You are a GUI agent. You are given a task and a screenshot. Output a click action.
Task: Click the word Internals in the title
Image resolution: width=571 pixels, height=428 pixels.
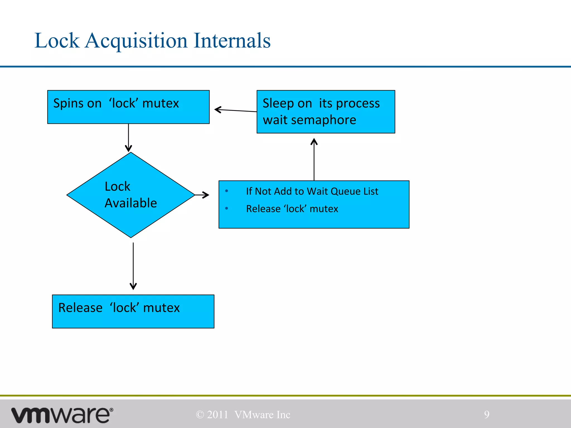tap(232, 40)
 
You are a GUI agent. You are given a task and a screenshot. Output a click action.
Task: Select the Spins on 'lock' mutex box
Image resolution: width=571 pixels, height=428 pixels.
tap(128, 107)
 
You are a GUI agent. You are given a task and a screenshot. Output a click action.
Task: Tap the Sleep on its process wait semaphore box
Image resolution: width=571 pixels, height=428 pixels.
tap(326, 112)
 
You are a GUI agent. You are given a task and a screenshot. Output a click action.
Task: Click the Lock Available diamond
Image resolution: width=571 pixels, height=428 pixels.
tap(131, 195)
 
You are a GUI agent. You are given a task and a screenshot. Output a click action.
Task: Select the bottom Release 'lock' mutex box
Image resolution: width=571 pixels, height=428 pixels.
tap(133, 311)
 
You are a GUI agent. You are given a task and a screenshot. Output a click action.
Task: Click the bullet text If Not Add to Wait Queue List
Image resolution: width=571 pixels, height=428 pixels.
tap(312, 191)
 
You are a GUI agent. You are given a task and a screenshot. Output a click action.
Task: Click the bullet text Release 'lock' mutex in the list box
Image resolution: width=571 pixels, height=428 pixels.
tap(292, 209)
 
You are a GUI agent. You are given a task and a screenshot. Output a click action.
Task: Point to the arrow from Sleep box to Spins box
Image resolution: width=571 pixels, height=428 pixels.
tap(236, 110)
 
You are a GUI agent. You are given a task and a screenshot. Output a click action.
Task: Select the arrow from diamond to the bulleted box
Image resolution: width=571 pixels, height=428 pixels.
tap(202, 195)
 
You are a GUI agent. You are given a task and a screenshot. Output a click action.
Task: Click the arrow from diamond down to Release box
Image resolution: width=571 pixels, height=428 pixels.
tap(133, 266)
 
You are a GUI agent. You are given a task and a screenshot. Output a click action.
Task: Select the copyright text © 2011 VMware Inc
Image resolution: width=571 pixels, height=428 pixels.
tap(243, 415)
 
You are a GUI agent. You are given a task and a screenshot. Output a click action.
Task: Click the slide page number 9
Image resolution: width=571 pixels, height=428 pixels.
tap(487, 414)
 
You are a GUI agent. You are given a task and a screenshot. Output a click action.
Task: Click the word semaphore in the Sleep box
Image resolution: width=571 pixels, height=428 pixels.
tap(323, 120)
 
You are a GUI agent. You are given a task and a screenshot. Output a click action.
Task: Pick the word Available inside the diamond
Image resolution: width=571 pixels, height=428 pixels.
tap(131, 203)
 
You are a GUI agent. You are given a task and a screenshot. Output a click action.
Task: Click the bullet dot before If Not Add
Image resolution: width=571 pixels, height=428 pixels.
tap(227, 191)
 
